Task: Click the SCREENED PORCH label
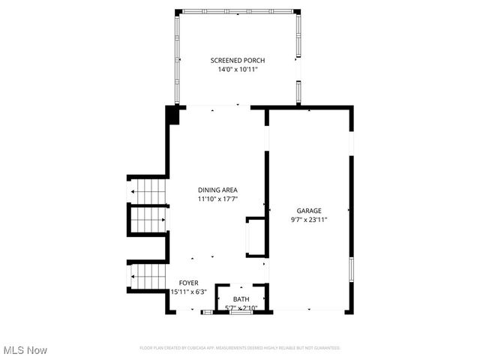point(237,61)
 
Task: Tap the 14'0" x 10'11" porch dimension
point(237,70)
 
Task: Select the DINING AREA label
point(217,190)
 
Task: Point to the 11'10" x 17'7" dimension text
point(217,199)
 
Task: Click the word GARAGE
point(308,211)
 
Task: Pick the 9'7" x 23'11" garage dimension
point(308,220)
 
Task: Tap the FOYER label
point(188,283)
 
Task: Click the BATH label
point(241,299)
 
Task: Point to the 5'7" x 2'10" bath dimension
point(241,308)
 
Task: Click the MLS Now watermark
point(25,350)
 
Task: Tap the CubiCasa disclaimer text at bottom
point(240,348)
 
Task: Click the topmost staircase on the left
point(148,192)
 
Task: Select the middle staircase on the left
point(148,220)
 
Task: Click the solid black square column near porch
point(172,115)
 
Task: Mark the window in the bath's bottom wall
point(241,312)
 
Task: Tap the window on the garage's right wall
point(350,269)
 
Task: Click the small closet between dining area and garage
point(256,237)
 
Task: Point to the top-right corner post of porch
point(297,12)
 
